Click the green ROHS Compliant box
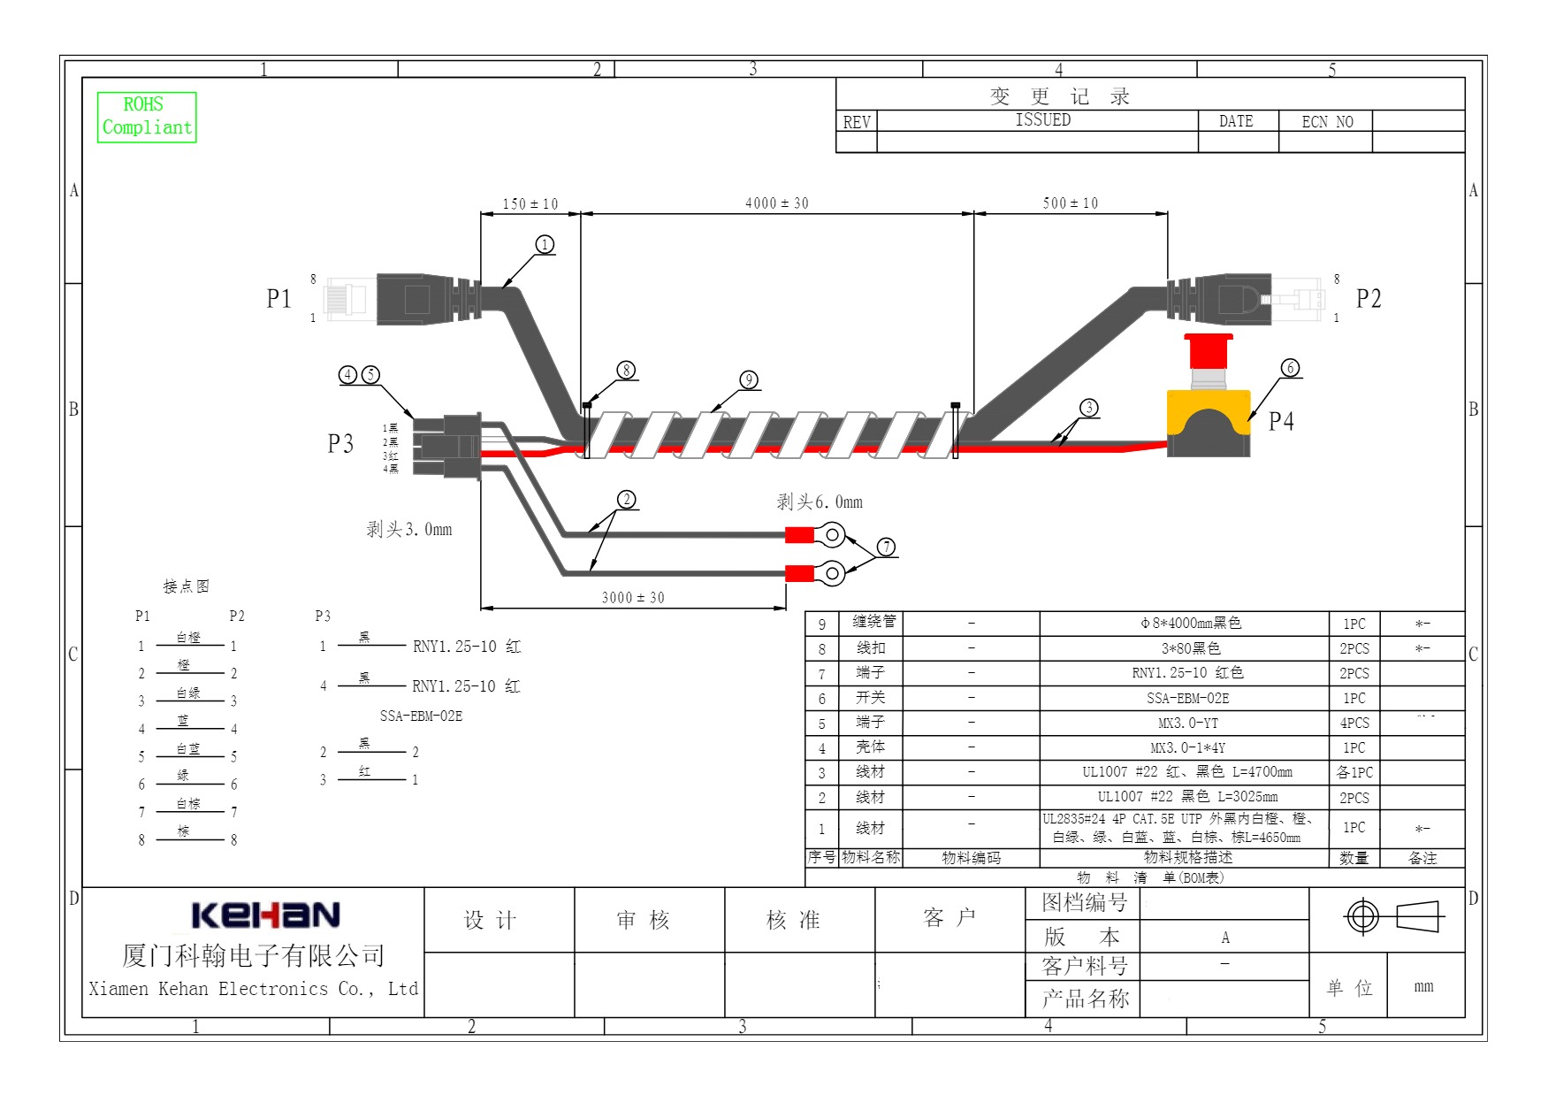(x=146, y=117)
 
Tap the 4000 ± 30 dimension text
(x=776, y=203)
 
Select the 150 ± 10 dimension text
(x=530, y=204)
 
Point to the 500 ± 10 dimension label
(x=1070, y=203)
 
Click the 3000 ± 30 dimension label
(x=632, y=598)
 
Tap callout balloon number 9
(x=749, y=379)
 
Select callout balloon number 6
(x=1290, y=368)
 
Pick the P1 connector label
(x=278, y=299)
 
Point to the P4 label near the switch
(x=1281, y=421)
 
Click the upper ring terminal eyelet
(x=831, y=534)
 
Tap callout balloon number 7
(x=886, y=547)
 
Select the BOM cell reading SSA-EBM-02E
(x=1187, y=698)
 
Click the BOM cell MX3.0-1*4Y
(x=1187, y=747)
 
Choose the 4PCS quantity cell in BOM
(x=1354, y=723)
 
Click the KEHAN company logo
(x=265, y=915)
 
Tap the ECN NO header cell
(x=1326, y=122)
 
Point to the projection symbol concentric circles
(x=1361, y=916)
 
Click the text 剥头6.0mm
(x=819, y=502)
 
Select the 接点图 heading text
(x=186, y=586)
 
